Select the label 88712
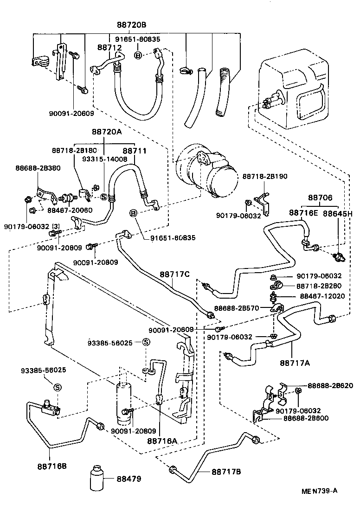click(109, 47)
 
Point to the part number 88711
click(134, 151)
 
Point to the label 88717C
click(175, 274)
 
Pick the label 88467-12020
click(322, 296)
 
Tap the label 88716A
click(163, 441)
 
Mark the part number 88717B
click(226, 472)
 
